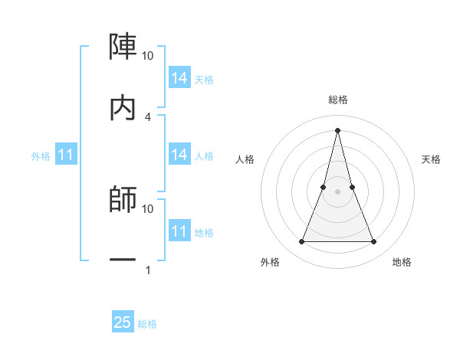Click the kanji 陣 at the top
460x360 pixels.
tap(123, 47)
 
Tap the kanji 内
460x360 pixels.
tap(123, 108)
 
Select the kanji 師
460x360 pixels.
tap(123, 199)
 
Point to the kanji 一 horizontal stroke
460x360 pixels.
tap(123, 260)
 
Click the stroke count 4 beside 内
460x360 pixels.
tap(148, 116)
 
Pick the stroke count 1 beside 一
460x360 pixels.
tap(148, 270)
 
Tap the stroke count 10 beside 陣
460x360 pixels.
tap(148, 56)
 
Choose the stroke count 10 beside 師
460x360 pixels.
tap(148, 208)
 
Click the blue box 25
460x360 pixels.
tap(123, 322)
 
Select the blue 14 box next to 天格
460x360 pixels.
tap(179, 78)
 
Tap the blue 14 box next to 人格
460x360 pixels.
tap(179, 155)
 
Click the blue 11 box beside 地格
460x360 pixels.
tap(179, 231)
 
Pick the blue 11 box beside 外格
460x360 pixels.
tap(66, 155)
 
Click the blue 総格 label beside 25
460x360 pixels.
tap(147, 324)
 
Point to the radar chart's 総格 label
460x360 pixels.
tap(337, 100)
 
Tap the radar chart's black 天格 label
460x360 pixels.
tap(431, 159)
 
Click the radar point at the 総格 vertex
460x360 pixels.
tap(337, 129)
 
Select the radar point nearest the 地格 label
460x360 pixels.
tap(373, 242)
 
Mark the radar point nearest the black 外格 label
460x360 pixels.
tap(301, 242)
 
